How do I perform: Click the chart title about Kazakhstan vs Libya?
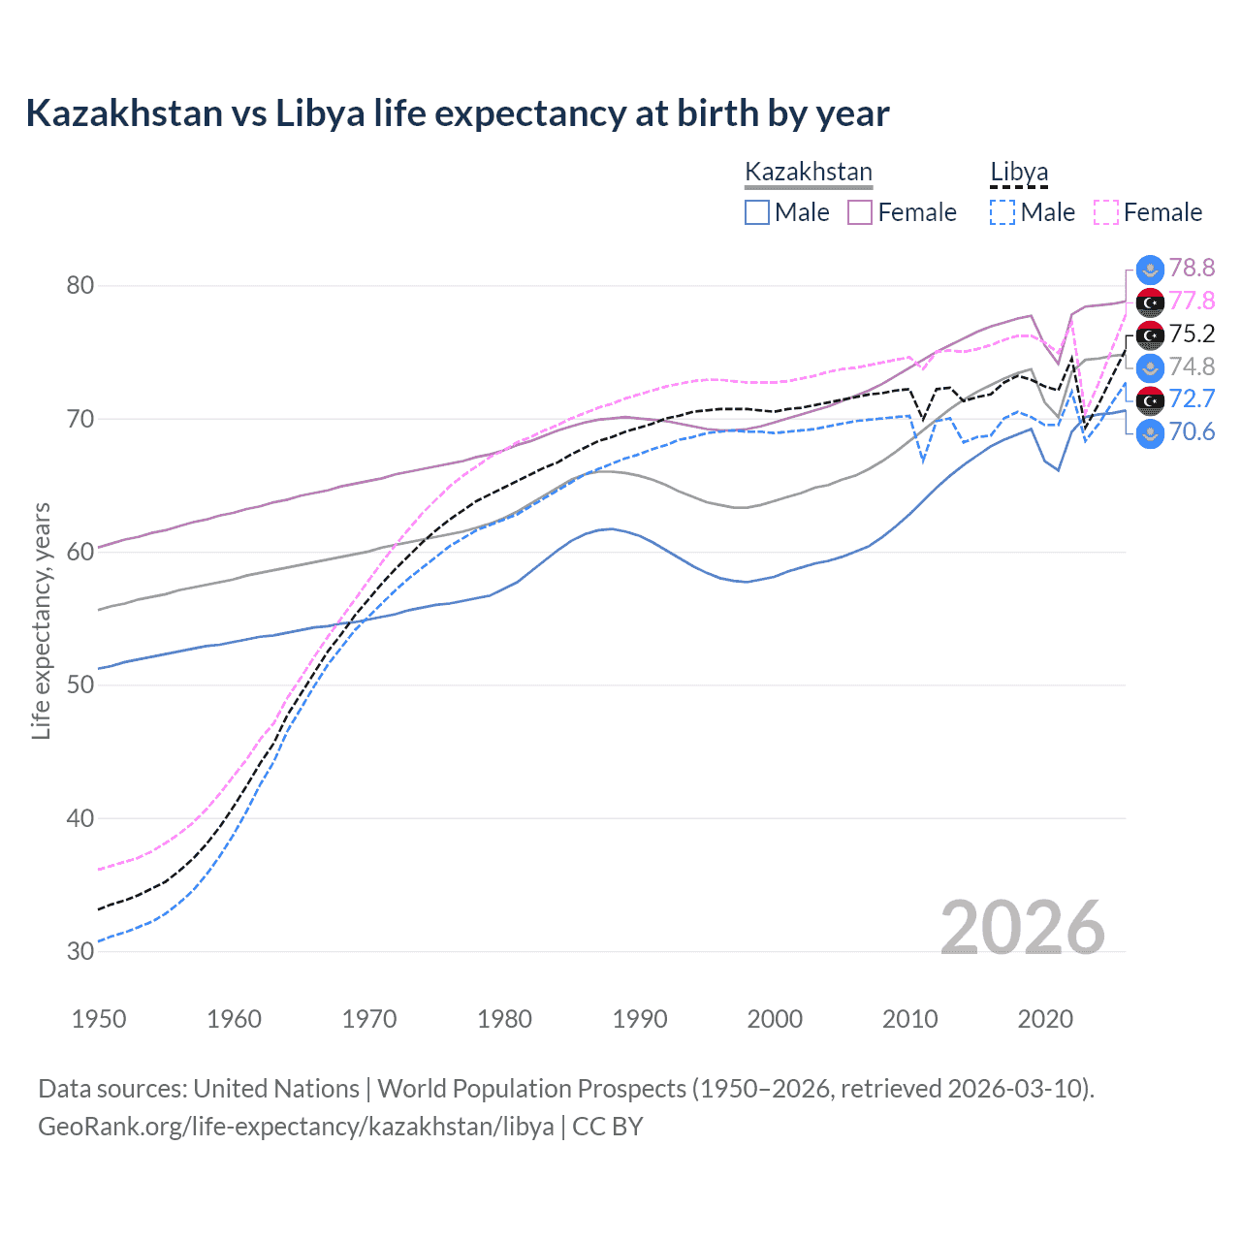pos(457,113)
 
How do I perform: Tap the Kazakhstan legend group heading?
pos(808,172)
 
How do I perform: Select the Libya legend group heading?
pos(1019,172)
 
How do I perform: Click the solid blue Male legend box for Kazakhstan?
pos(757,212)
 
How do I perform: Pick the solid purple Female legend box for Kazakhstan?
pos(860,212)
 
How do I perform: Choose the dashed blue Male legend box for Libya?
pos(1002,212)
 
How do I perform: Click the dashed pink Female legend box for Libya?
pos(1106,212)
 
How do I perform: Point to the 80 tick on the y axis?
pos(80,285)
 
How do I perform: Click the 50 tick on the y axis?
pos(80,684)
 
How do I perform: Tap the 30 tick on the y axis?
pos(80,951)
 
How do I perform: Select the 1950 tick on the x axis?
pos(99,1019)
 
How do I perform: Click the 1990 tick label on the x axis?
pos(640,1019)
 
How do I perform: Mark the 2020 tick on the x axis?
pos(1045,1019)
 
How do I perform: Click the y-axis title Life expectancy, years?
pos(42,620)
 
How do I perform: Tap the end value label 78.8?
pos(1192,269)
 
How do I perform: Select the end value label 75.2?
pos(1192,334)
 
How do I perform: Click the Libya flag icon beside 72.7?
pos(1150,399)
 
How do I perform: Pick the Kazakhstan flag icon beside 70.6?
pos(1150,432)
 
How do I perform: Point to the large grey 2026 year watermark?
pos(1023,928)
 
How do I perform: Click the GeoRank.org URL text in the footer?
pos(296,1127)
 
